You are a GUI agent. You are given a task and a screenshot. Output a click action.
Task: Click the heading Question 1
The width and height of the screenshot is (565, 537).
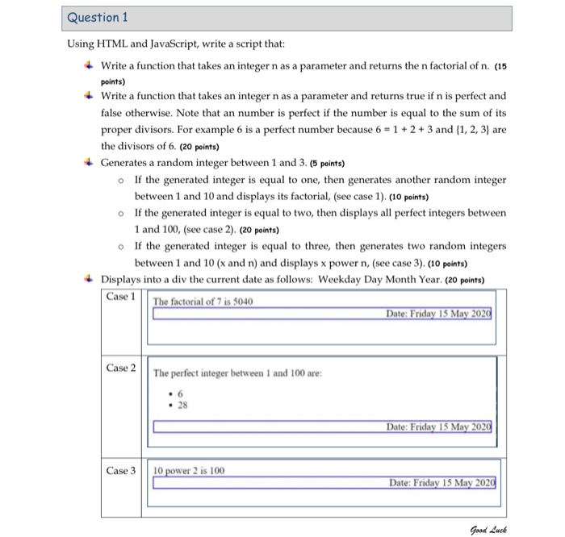(x=98, y=17)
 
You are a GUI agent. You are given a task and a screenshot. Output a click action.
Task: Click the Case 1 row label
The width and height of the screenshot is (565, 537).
(x=122, y=296)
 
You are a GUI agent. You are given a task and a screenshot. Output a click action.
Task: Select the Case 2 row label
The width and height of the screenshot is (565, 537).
(x=122, y=368)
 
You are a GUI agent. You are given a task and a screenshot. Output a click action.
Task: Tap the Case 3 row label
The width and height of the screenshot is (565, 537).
(x=122, y=470)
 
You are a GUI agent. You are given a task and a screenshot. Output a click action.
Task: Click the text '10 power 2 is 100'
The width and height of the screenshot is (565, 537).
(x=190, y=470)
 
